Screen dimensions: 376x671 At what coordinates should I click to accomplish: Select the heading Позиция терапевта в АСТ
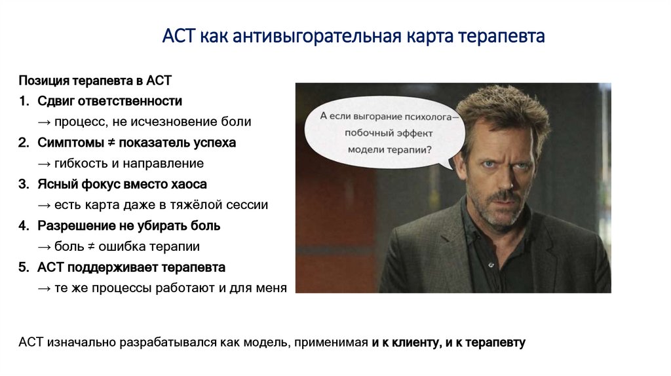[95, 81]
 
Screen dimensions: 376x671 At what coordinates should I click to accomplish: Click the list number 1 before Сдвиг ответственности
[24, 102]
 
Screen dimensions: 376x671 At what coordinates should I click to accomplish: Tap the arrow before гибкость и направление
[45, 163]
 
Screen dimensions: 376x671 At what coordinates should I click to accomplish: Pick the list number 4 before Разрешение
[24, 226]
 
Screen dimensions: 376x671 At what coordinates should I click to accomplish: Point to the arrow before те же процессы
[45, 288]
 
